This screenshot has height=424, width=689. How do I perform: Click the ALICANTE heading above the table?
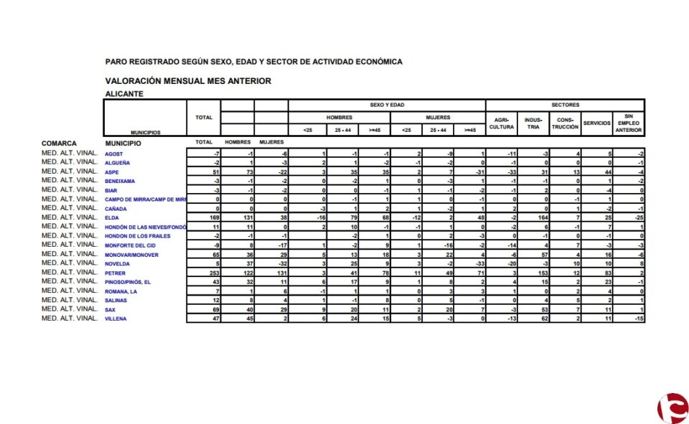coord(124,94)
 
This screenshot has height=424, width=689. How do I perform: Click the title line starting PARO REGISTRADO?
coord(253,62)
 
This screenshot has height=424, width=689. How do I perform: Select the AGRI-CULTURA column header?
coord(502,123)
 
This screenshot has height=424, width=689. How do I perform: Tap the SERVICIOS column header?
coord(596,123)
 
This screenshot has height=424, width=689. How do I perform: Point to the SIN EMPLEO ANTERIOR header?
coord(628,123)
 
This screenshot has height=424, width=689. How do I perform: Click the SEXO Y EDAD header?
coord(387,105)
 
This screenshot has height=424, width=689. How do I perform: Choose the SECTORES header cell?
coord(565,105)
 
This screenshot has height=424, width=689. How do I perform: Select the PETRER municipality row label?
coord(115,273)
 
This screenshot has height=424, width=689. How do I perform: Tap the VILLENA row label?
coord(116,319)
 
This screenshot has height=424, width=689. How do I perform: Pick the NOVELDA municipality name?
coord(118,264)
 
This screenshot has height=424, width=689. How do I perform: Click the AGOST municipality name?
coord(114,154)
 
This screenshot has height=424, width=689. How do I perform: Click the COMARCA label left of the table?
coord(59,143)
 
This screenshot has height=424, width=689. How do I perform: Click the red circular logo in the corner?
coord(672,409)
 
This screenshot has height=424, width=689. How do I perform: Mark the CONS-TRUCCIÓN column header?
coord(565,123)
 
